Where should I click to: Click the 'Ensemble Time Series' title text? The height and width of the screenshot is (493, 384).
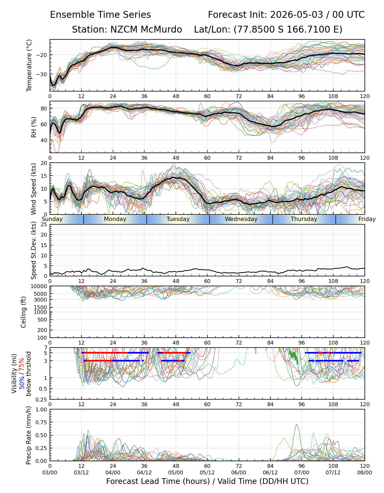click(x=100, y=15)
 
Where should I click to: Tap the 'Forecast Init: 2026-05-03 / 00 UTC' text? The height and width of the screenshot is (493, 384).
click(x=286, y=15)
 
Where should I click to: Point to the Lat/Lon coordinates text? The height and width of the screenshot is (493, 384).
click(x=268, y=30)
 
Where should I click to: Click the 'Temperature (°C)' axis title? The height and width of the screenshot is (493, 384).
click(x=29, y=65)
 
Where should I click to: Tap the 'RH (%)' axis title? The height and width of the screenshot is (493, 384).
click(x=34, y=127)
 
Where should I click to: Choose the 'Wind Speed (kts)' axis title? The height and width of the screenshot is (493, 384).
click(x=33, y=189)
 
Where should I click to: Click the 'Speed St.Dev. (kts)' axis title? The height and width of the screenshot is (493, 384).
click(x=33, y=250)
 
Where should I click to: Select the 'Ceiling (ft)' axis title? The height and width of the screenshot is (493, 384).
click(x=24, y=312)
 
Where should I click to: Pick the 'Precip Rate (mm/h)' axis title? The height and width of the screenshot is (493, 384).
click(x=29, y=435)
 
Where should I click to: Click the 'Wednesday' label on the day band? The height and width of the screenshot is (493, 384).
click(x=241, y=219)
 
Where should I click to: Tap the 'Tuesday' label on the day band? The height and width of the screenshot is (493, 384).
click(x=178, y=219)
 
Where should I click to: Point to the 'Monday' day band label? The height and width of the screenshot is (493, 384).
click(x=115, y=219)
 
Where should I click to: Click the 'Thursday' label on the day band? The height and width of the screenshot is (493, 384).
click(x=304, y=219)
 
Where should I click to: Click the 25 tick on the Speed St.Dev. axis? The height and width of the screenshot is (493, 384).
click(x=44, y=225)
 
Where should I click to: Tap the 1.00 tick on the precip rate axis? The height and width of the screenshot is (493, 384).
click(x=42, y=410)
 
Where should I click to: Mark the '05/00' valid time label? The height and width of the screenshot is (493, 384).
click(x=176, y=472)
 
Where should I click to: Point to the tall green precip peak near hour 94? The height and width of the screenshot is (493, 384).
click(x=297, y=424)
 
